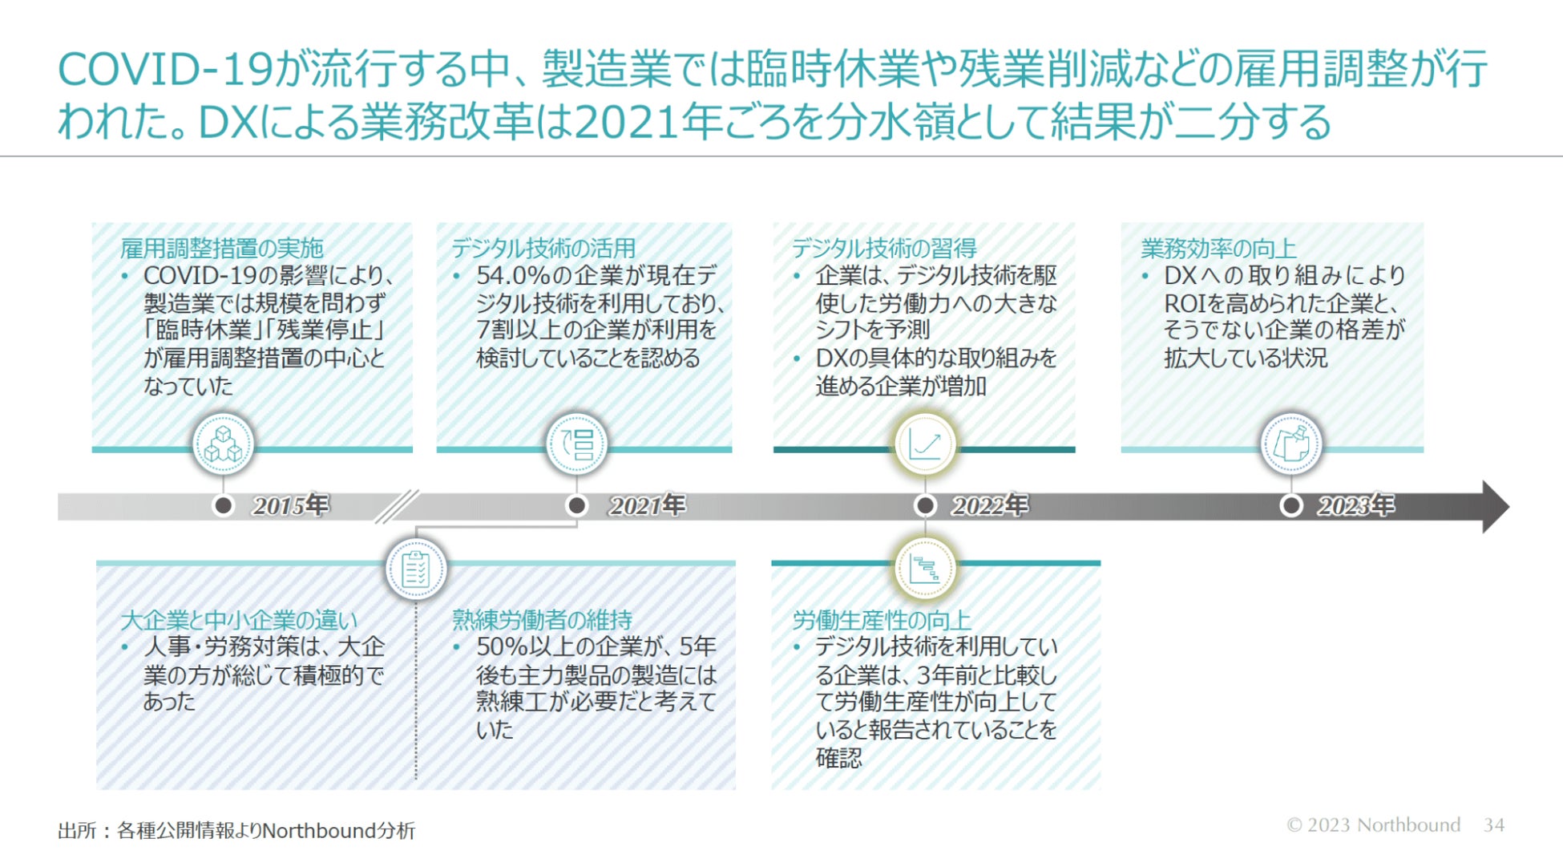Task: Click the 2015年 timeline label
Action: [290, 505]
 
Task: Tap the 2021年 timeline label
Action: [647, 505]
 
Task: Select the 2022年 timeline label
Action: [989, 505]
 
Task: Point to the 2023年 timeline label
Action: [1355, 505]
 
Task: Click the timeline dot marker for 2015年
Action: [224, 505]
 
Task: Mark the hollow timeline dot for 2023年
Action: [1290, 505]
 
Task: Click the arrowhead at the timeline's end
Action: [1493, 506]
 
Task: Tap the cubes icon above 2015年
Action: [224, 444]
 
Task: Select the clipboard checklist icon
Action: [415, 569]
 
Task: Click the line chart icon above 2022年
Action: [924, 444]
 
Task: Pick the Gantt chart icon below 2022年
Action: [924, 569]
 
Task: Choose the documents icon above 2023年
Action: [1290, 444]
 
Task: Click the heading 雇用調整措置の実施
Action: [222, 248]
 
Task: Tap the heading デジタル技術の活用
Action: [543, 248]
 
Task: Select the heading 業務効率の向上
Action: [1218, 248]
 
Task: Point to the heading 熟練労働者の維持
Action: [542, 619]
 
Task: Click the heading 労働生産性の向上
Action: [882, 619]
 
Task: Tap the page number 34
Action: [1493, 824]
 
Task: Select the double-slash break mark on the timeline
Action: [397, 506]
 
